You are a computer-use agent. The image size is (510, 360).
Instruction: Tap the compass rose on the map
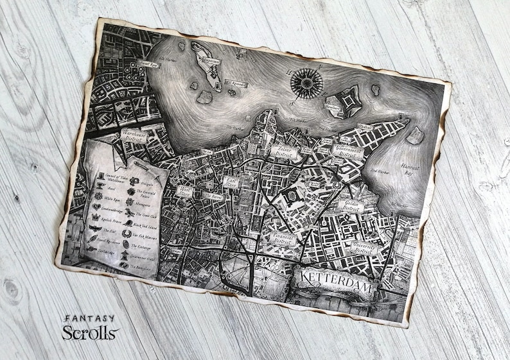(x=306, y=81)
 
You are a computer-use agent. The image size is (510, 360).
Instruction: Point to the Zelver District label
(x=285, y=151)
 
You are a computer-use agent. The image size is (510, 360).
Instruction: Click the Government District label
(x=348, y=151)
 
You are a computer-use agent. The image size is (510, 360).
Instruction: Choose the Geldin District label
(x=351, y=205)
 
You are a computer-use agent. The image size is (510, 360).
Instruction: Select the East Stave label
(x=230, y=183)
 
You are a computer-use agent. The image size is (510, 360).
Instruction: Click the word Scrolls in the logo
(x=90, y=332)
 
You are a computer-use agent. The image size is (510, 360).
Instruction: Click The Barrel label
(x=214, y=196)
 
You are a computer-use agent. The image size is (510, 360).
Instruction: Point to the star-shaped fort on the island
(x=340, y=103)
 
